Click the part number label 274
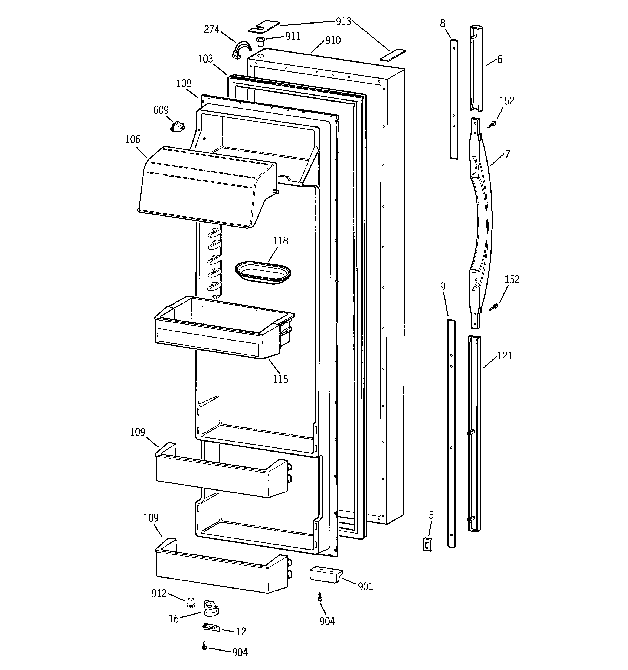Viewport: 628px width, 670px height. point(211,30)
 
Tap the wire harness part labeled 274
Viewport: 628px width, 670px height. point(241,49)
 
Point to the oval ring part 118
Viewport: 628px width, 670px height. point(263,272)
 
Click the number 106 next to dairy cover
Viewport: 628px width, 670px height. point(132,139)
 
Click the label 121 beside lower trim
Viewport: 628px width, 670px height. point(505,356)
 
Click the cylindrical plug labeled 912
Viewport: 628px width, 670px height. point(191,602)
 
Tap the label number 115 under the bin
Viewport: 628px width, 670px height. point(280,379)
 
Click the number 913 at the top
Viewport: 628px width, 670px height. point(344,22)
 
